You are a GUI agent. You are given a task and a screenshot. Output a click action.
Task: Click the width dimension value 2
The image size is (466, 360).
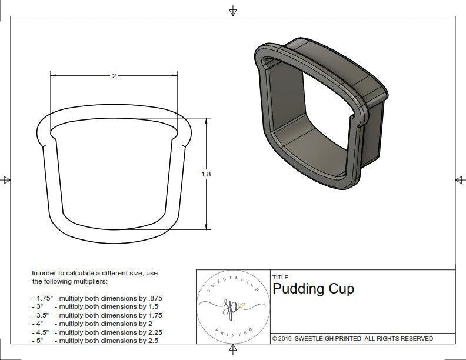click(x=114, y=76)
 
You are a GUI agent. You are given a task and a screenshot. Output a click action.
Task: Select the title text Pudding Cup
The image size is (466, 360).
click(x=313, y=289)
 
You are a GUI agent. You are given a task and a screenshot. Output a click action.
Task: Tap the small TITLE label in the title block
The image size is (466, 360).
click(x=280, y=277)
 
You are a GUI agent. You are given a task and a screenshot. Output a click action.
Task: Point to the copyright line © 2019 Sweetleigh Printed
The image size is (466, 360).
click(x=352, y=338)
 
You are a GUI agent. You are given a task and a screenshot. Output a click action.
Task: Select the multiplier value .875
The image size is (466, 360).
click(x=153, y=298)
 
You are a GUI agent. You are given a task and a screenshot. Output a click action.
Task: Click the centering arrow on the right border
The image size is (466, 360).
click(x=460, y=179)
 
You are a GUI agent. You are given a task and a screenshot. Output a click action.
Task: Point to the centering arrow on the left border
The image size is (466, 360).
click(x=6, y=179)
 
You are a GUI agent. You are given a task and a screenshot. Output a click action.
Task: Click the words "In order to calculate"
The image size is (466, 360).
click(x=64, y=274)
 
